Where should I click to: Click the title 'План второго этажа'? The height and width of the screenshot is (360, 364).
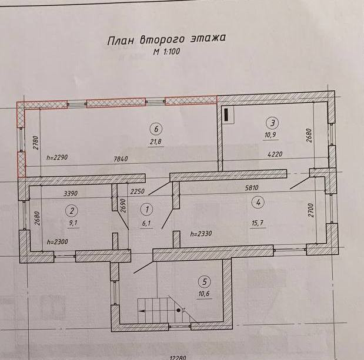tap(166, 40)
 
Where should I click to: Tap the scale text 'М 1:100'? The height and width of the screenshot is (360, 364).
tap(167, 52)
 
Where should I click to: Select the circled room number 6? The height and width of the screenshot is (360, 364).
tap(155, 129)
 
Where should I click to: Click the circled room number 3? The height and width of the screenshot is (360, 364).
tap(272, 123)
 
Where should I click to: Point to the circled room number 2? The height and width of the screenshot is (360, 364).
tap(72, 210)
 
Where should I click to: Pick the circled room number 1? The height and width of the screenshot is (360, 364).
tap(147, 208)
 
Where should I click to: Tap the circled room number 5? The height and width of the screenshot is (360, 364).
tap(203, 280)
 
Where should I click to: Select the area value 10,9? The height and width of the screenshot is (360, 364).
tap(272, 134)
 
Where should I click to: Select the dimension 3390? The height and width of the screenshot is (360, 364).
tap(69, 193)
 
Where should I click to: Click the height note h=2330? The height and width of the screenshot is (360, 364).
tap(201, 234)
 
